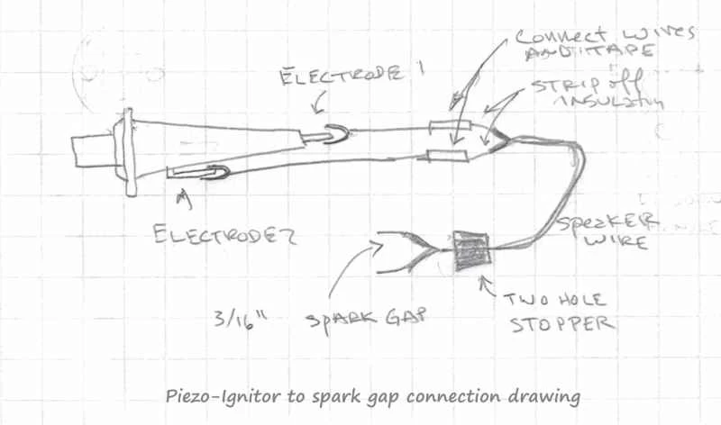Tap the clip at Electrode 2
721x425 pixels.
click(x=207, y=169)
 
